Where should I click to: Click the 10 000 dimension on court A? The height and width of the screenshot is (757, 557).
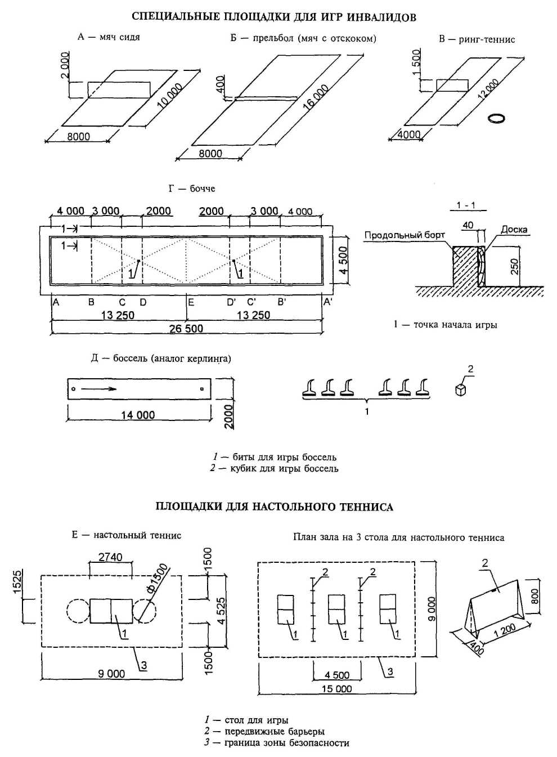pyautogui.click(x=170, y=96)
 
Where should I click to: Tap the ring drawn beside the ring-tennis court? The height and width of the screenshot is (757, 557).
pyautogui.click(x=496, y=118)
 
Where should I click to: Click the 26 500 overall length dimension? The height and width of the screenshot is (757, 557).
pyautogui.click(x=186, y=329)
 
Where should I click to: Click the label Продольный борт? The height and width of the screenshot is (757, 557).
pyautogui.click(x=405, y=235)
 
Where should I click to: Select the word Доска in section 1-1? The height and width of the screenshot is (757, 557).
pyautogui.click(x=514, y=230)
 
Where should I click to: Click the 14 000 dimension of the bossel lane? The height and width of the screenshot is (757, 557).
pyautogui.click(x=138, y=415)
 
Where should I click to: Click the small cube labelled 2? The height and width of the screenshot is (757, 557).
pyautogui.click(x=461, y=389)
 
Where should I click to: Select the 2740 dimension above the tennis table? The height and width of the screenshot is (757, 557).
pyautogui.click(x=110, y=557)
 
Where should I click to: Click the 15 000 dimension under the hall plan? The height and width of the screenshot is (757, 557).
pyautogui.click(x=336, y=688)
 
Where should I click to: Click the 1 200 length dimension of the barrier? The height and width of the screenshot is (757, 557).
pyautogui.click(x=504, y=629)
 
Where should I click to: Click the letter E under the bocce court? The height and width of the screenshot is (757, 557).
pyautogui.click(x=191, y=302)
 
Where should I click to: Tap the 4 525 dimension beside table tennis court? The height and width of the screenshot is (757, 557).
pyautogui.click(x=221, y=611)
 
